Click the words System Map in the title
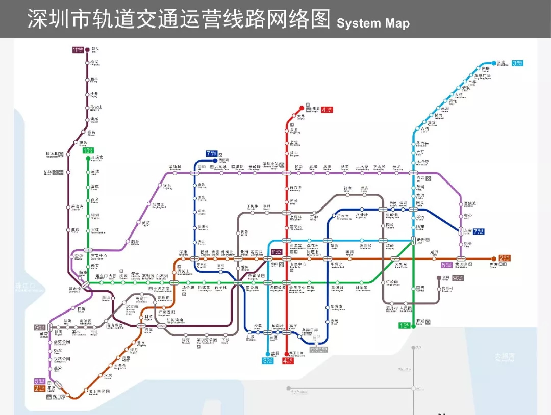[x=373, y=23]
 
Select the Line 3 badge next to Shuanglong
[x=518, y=63]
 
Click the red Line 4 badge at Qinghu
[x=327, y=109]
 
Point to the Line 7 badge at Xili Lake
[x=211, y=153]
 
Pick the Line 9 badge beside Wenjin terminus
[x=458, y=278]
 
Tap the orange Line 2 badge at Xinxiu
[x=504, y=258]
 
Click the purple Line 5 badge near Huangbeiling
[x=447, y=265]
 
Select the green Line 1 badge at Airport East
[x=88, y=150]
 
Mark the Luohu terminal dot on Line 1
[x=413, y=326]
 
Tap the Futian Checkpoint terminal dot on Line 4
[x=287, y=353]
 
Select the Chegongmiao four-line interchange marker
[x=238, y=282]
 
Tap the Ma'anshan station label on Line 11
[x=96, y=108]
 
